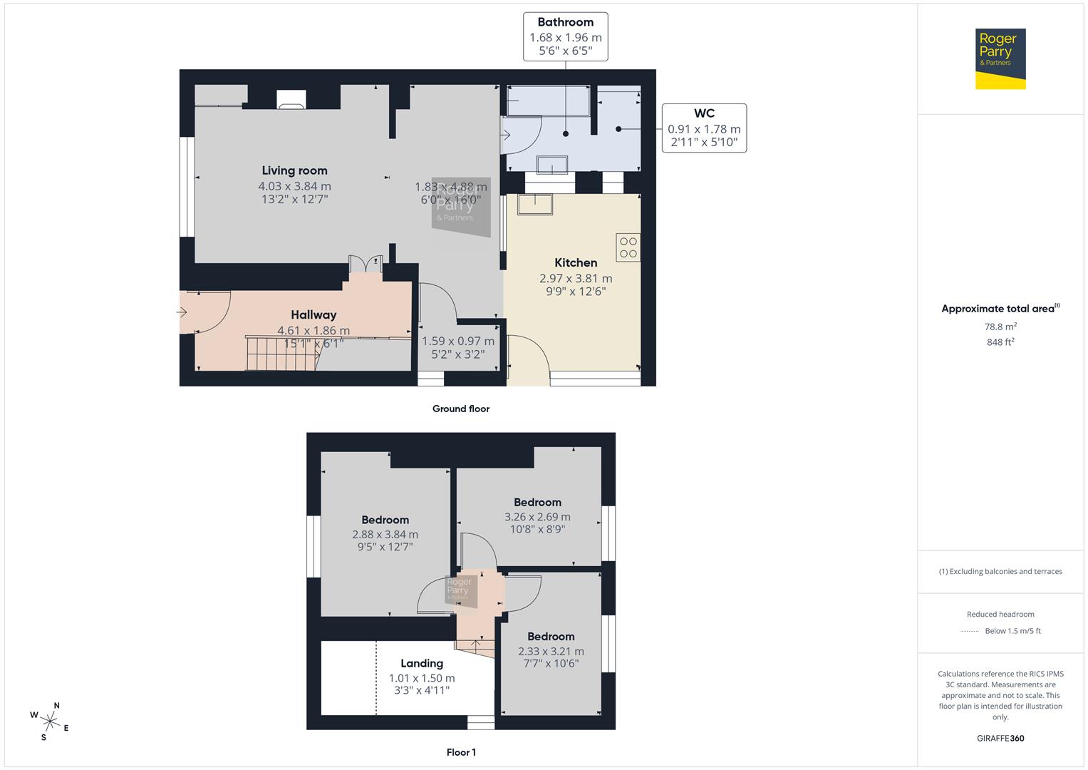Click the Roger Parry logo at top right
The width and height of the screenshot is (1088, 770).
1000,58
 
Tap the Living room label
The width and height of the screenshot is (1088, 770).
294,170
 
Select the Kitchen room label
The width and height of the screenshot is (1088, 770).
576,262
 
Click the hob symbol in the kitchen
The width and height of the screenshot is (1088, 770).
628,247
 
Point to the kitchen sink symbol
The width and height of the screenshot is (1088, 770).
535,204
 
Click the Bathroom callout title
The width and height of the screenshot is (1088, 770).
565,22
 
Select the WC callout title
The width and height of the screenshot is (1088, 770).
704,113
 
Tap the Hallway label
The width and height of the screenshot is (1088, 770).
314,314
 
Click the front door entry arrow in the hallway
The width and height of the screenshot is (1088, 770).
182,312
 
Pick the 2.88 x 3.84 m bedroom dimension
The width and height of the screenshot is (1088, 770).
385,534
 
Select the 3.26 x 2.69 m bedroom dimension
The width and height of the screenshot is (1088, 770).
537,517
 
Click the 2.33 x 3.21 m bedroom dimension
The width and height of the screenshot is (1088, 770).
551,651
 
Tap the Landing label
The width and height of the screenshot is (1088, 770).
422,663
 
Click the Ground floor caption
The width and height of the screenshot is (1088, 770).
461,409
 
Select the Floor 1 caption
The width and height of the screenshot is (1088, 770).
461,752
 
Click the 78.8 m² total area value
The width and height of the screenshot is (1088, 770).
1000,327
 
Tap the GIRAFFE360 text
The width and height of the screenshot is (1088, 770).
1000,738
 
